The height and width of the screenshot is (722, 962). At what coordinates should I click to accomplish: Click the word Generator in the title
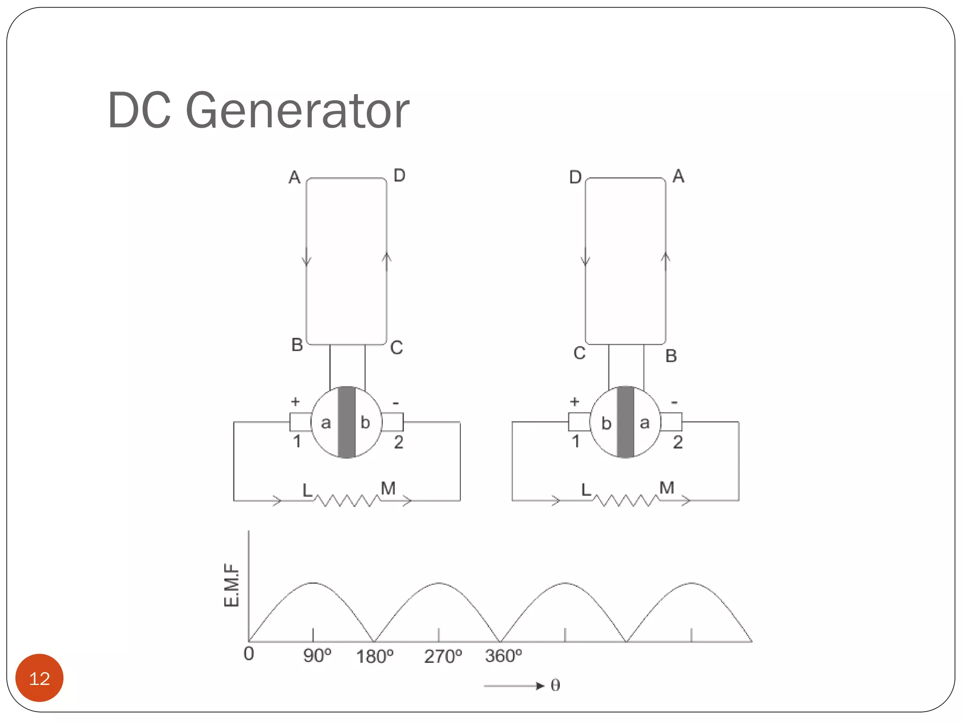[298, 111]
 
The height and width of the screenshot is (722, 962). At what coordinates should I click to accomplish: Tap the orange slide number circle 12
[39, 678]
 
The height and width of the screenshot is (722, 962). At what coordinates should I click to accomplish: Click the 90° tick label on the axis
[317, 656]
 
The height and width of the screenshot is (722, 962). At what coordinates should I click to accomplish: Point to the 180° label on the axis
[374, 656]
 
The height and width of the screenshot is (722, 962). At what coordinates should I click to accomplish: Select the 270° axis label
[443, 656]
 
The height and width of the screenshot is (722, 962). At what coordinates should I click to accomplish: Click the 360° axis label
[504, 656]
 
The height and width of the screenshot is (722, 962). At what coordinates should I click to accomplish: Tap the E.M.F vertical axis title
[232, 585]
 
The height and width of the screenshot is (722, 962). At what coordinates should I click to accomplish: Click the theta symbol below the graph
[555, 686]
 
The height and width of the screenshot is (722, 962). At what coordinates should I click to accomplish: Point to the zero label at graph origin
[249, 654]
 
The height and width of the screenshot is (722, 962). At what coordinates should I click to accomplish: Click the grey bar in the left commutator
[347, 422]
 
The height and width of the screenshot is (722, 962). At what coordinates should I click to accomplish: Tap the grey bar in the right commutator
[625, 422]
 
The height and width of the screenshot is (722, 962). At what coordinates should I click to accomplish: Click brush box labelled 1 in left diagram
[300, 422]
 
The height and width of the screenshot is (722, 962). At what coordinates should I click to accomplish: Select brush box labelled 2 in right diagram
[671, 422]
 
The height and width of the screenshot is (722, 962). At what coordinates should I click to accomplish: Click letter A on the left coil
[295, 178]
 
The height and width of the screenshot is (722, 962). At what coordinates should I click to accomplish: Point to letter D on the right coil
[575, 178]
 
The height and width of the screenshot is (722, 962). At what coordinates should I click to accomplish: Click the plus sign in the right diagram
[574, 402]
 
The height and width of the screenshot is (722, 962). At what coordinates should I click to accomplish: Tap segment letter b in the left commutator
[365, 423]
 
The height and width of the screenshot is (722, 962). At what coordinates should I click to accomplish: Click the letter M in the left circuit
[388, 488]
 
